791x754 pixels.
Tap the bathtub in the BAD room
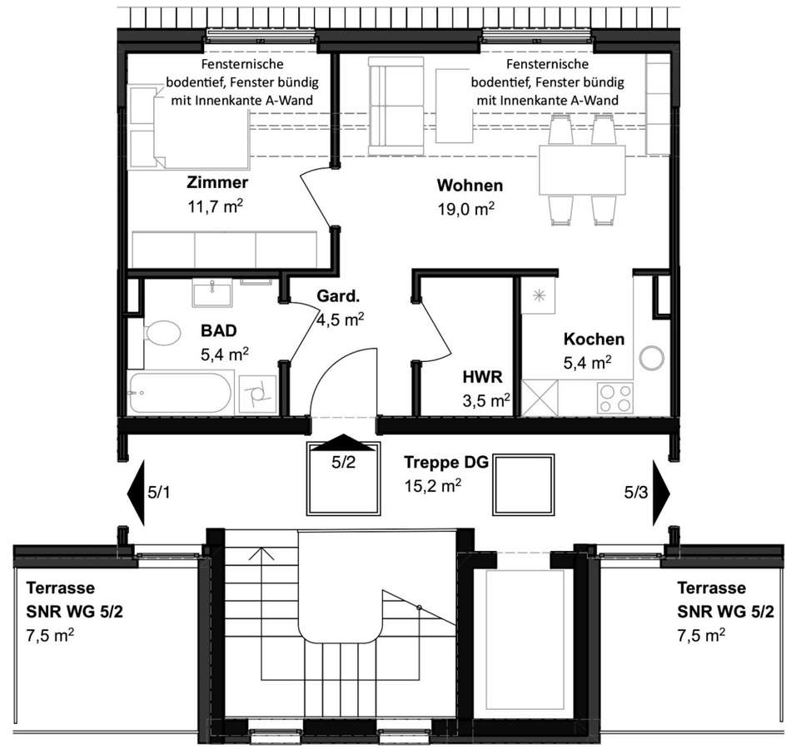coord(180,393)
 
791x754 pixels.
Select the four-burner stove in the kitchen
coord(615,399)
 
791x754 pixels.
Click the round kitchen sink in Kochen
coord(652,358)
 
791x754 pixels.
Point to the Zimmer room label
coord(217,182)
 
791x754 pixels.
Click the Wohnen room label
coord(470,185)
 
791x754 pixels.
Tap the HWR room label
coord(483,377)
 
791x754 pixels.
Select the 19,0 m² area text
coord(465,208)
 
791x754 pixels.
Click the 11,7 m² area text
coord(216,206)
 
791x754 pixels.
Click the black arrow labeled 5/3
coord(661,493)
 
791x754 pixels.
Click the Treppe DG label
coord(446,462)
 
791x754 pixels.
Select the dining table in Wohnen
coord(583,170)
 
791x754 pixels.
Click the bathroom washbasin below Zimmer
coord(211,293)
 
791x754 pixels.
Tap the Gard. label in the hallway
coord(338,296)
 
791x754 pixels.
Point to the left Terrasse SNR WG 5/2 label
coord(75,600)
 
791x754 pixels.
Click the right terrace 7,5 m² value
coord(701,635)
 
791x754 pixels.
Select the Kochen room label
coord(594,339)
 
